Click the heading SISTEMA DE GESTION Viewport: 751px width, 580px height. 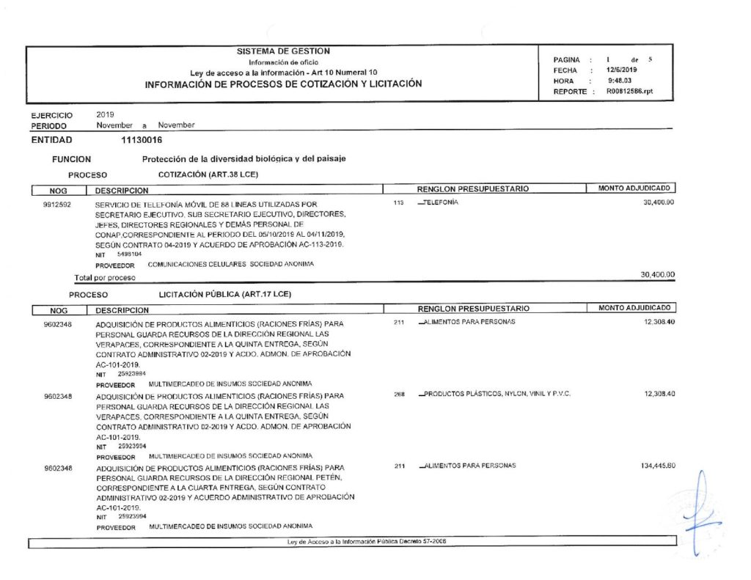[x=283, y=51]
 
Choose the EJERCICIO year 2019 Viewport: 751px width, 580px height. [x=105, y=115]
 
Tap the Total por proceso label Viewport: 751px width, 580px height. [x=105, y=278]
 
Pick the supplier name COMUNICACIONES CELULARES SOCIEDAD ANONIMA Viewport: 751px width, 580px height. [x=231, y=264]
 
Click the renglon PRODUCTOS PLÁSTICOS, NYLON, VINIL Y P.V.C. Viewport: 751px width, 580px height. [x=497, y=394]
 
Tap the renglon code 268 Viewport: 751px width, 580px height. [x=400, y=394]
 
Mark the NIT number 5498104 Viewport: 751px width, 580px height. [x=129, y=254]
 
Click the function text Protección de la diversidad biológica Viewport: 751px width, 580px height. [x=243, y=158]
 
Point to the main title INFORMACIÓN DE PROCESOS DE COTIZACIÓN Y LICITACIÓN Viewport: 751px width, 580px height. [x=283, y=84]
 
